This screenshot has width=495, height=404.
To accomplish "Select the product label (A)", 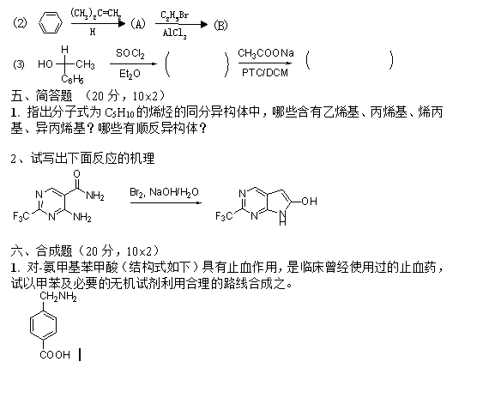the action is point(138,24).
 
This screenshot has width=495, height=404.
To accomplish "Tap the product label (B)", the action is point(220,25).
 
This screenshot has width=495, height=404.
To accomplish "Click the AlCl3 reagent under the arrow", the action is point(174,33).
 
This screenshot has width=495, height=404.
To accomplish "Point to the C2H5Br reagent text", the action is point(174,15).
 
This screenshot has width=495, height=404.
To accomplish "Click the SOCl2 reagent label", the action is point(130,53).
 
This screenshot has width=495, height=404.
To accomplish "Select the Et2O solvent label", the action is point(130,74).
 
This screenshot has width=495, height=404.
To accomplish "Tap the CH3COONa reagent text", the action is point(266,53).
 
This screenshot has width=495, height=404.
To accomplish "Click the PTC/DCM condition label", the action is point(265,73).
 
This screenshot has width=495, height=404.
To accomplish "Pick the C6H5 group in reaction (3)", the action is point(73,79).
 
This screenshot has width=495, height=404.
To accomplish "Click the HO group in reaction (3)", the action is point(45,64).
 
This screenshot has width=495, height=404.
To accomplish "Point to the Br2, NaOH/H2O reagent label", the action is point(164,192).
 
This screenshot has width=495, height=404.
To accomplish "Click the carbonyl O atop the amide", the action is point(76,174).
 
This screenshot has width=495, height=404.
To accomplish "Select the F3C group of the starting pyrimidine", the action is point(21,216).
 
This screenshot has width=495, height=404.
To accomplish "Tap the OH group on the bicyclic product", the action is point(309,202).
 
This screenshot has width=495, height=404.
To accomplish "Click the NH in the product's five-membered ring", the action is point(282,218).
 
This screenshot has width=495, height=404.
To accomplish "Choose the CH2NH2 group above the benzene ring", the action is point(58,297).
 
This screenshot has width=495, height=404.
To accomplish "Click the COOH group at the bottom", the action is point(55,355).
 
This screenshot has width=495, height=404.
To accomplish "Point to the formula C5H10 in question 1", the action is point(119,113).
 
